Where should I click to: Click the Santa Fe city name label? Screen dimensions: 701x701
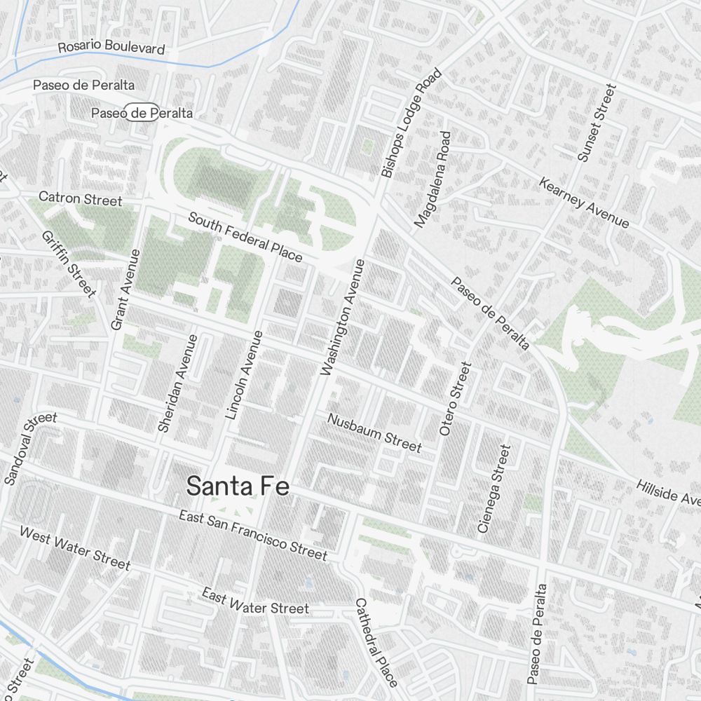(x=238, y=486)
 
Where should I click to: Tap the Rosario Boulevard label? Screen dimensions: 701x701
(x=111, y=47)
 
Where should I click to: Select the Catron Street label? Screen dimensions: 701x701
(x=80, y=198)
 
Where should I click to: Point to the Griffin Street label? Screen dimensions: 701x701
(x=69, y=264)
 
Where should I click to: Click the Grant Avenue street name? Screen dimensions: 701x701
(x=127, y=289)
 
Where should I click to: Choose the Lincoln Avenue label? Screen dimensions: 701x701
(x=244, y=374)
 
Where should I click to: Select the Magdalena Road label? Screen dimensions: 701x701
(x=432, y=179)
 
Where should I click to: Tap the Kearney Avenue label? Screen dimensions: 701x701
(x=584, y=203)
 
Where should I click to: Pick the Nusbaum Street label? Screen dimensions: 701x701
(x=375, y=433)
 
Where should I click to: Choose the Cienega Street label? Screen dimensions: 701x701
(x=494, y=488)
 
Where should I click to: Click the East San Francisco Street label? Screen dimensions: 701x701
(x=252, y=536)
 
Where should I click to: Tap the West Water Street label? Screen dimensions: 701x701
(x=75, y=547)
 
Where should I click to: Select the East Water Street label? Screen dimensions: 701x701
(x=255, y=601)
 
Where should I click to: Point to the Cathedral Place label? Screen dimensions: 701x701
(x=376, y=642)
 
